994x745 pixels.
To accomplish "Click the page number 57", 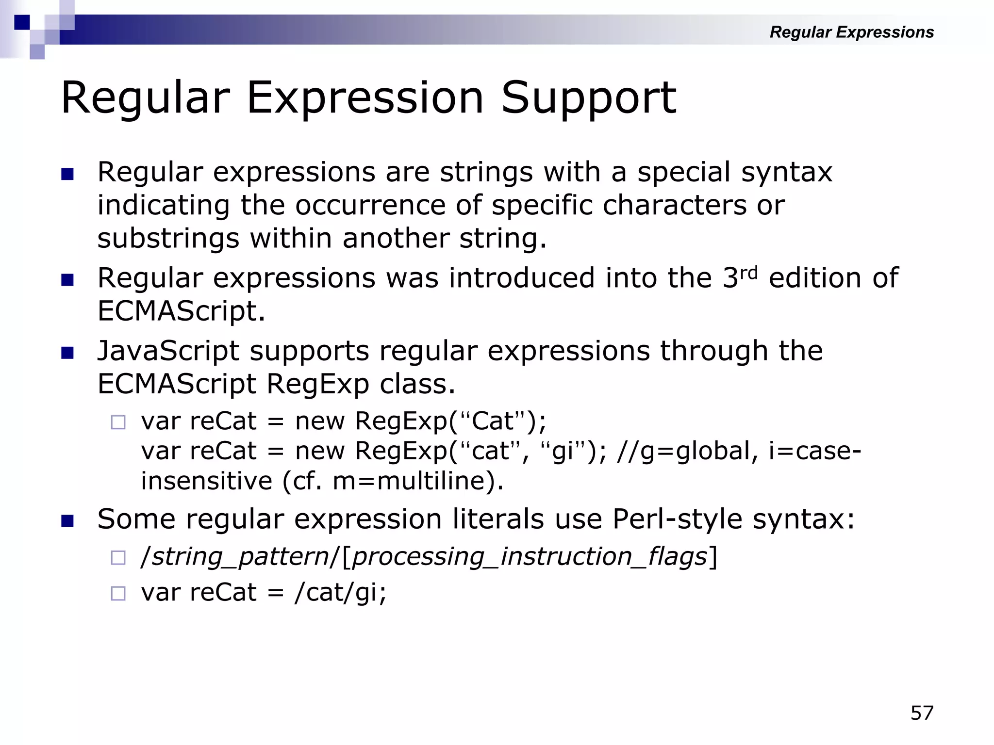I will pos(922,713).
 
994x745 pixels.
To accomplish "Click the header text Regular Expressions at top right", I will pos(851,32).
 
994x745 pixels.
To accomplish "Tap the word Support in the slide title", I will pos(588,98).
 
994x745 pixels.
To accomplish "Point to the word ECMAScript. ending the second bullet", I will pos(182,311).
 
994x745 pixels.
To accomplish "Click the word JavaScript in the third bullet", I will pos(168,351).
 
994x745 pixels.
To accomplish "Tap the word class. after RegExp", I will pos(417,384).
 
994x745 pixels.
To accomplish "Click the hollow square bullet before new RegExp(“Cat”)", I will pos(118,422).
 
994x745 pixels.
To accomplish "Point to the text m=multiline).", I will pos(418,481).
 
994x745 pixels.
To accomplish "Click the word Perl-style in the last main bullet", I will pos(677,519).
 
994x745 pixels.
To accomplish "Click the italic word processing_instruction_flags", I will pos(529,556).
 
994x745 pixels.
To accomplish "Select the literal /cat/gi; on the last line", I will pos(340,593).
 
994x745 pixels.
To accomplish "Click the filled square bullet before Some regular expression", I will pos(67,521).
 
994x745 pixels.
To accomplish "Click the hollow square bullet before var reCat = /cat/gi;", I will pos(118,593).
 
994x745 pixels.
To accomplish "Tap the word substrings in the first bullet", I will pos(168,239).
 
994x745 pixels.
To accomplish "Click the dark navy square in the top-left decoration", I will pos(22,22).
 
